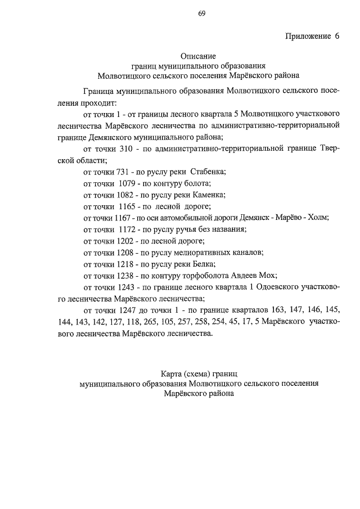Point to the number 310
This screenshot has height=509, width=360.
pos(127,148)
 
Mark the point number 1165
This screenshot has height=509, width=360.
pos(130,206)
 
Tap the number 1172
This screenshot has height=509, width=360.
pos(130,229)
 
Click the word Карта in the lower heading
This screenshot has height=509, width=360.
pos(171,373)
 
